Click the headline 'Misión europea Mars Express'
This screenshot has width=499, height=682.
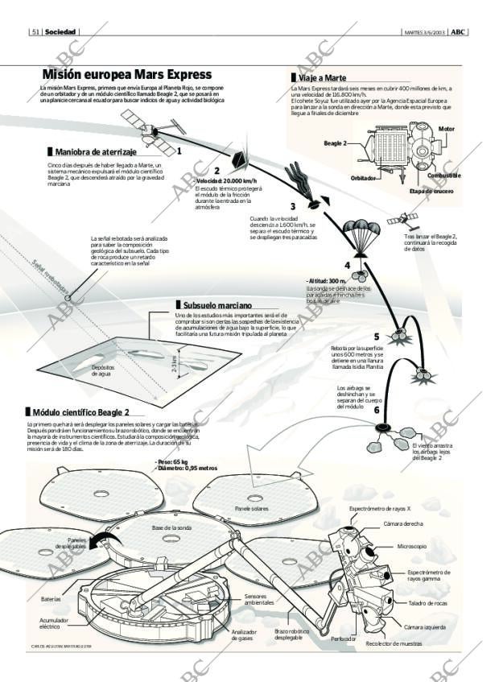point(126,74)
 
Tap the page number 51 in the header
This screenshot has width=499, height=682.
point(35,32)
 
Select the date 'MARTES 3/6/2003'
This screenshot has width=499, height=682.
point(423,32)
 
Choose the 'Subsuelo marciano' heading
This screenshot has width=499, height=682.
point(217,305)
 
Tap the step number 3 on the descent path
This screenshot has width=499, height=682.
point(293,206)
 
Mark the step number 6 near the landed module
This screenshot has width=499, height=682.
point(376,410)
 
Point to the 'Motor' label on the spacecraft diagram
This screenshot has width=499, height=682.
point(447,129)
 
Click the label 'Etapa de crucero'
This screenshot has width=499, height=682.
point(431,192)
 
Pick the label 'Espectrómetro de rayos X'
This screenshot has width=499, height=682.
point(380,509)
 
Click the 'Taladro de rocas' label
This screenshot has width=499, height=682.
point(427,603)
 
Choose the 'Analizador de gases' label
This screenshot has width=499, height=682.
point(244,635)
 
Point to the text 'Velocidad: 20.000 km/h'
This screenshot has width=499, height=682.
point(226,181)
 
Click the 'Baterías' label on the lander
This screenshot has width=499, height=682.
point(51,599)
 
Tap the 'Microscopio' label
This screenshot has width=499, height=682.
point(411,547)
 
